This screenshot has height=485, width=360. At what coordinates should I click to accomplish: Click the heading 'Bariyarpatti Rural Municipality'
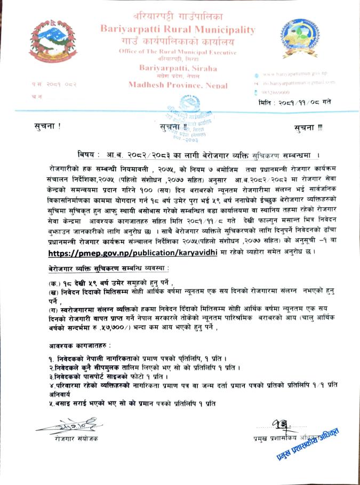point(178,29)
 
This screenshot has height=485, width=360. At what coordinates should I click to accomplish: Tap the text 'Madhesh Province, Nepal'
point(178,85)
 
